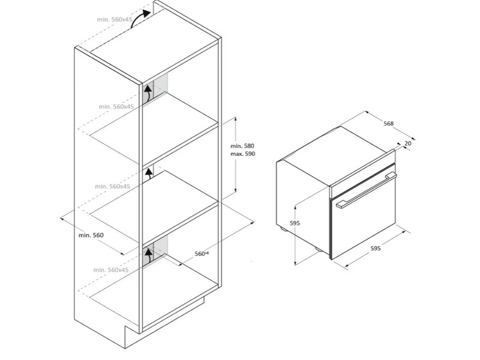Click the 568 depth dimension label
tap(388, 124)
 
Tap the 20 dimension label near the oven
tap(408, 143)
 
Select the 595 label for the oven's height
tap(294, 223)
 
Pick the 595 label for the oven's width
tap(375, 248)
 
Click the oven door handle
tap(366, 190)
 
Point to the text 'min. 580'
tap(242, 146)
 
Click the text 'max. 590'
tap(242, 154)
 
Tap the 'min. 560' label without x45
tap(91, 235)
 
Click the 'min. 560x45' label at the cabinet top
tap(114, 19)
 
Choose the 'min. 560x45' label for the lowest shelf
tap(112, 270)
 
